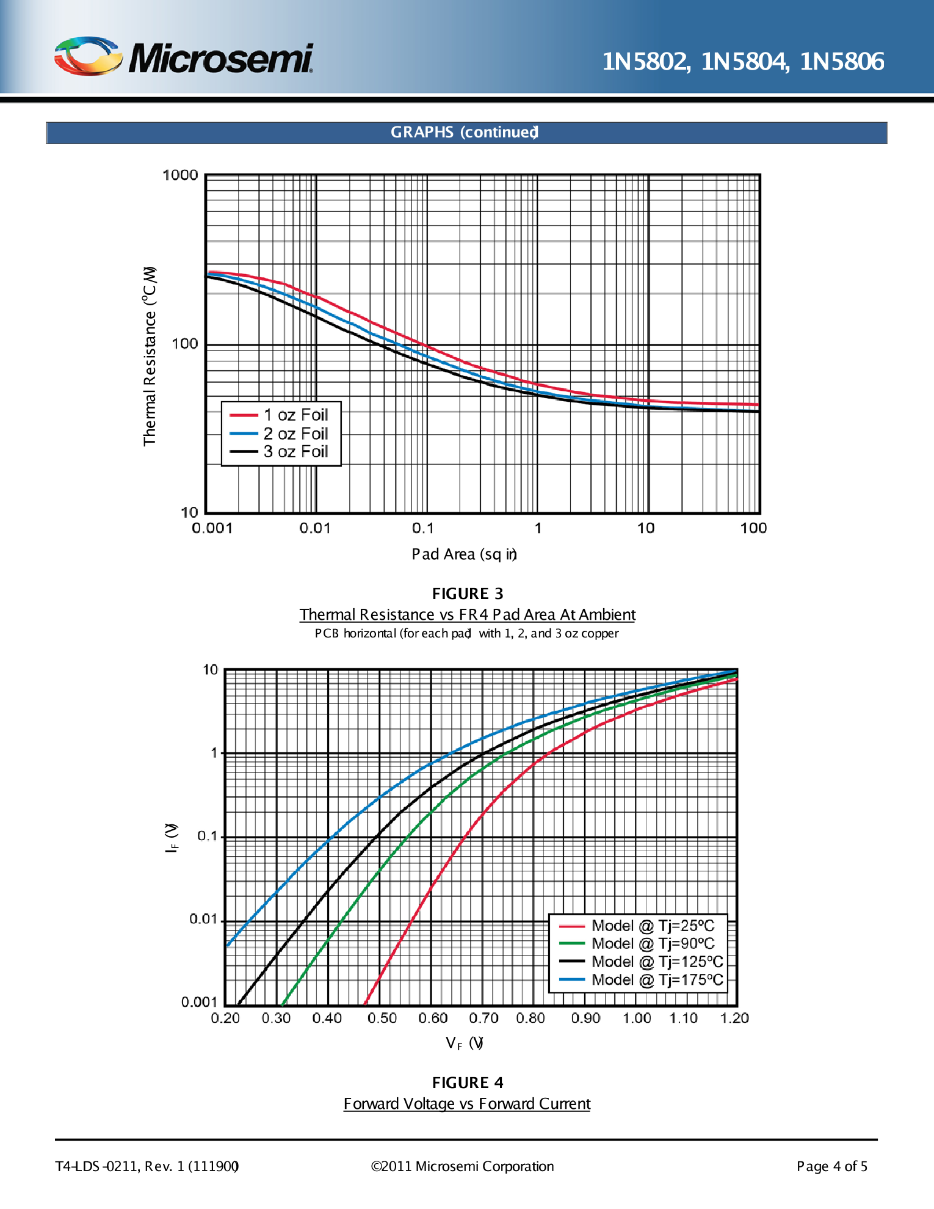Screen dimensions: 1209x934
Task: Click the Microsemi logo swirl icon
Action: click(87, 56)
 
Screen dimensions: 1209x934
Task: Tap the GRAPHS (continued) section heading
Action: click(465, 133)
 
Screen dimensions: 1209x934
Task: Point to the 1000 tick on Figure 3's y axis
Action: click(180, 175)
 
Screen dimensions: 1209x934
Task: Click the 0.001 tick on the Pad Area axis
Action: click(212, 528)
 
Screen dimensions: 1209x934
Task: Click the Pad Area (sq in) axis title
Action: click(464, 554)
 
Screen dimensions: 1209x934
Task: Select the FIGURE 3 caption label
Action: click(468, 594)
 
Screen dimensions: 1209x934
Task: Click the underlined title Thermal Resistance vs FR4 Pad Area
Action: click(467, 614)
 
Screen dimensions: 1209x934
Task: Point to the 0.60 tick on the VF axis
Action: click(433, 1018)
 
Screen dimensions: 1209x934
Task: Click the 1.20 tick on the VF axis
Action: click(734, 1018)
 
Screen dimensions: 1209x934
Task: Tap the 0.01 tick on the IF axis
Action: click(203, 919)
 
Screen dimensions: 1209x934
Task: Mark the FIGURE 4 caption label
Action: click(468, 1083)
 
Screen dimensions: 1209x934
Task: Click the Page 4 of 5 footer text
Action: click(831, 1166)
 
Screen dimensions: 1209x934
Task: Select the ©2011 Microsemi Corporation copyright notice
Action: click(462, 1166)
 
